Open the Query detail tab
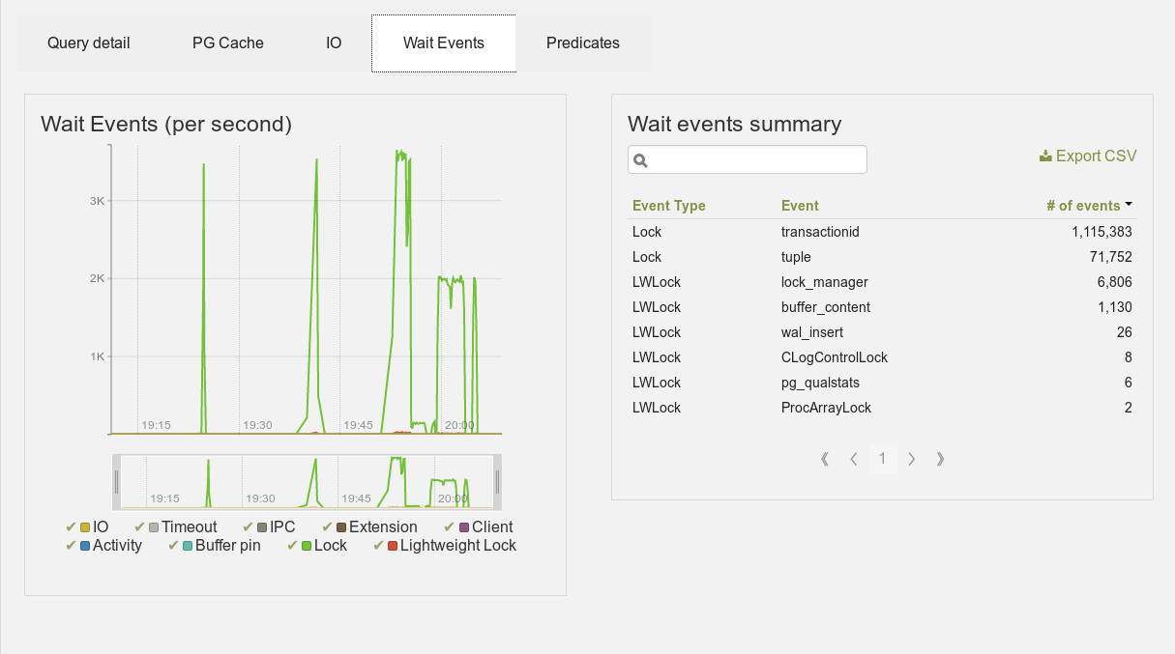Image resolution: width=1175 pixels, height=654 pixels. [89, 43]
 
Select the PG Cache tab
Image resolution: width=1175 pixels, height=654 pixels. [227, 43]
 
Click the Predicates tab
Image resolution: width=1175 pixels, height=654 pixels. [583, 43]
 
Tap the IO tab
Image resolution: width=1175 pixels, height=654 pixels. [334, 43]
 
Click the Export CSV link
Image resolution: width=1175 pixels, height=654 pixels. [1088, 156]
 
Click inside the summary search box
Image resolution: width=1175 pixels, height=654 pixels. [747, 159]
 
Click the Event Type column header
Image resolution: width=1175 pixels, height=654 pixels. [669, 206]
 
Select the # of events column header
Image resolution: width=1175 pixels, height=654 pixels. [1084, 206]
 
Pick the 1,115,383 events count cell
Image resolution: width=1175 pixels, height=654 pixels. [1102, 232]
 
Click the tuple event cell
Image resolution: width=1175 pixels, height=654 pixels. [796, 257]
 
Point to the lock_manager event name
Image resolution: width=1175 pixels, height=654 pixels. [825, 282]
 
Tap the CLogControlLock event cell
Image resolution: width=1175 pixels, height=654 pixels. [834, 357]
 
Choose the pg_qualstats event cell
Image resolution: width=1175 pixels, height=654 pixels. [820, 383]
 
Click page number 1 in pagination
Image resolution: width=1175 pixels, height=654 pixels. [882, 459]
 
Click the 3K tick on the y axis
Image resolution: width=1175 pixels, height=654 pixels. [97, 201]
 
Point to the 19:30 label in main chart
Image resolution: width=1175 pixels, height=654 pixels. [257, 425]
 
